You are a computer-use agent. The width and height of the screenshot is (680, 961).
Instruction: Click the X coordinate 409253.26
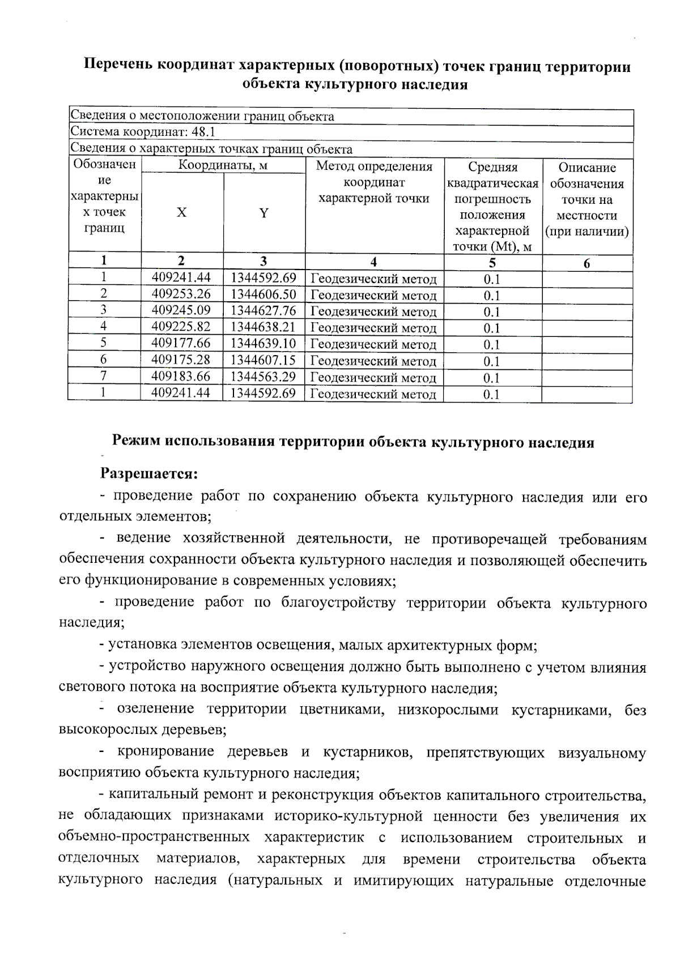coord(181,294)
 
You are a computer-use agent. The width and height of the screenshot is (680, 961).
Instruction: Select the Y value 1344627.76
coord(263,310)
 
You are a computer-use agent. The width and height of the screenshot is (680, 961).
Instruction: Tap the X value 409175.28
coord(181,360)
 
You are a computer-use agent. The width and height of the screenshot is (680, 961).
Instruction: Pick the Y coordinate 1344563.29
coord(263,376)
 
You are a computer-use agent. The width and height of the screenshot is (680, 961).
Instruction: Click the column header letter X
coord(181,212)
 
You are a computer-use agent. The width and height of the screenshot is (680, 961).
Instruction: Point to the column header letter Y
coord(264,213)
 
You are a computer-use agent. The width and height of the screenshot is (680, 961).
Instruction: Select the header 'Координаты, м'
coord(223,165)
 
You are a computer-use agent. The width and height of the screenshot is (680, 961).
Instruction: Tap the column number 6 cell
coord(586,263)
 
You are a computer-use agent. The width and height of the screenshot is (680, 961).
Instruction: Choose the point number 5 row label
coord(104,343)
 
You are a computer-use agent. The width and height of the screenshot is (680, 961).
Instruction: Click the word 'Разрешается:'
coord(149,472)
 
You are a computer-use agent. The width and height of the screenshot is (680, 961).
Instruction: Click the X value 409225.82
coord(181,327)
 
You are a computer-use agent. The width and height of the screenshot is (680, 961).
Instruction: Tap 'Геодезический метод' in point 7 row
coord(374,378)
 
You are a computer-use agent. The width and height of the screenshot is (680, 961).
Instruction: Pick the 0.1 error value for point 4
coord(492,328)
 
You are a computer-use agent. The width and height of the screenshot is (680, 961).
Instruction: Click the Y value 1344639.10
coord(263,343)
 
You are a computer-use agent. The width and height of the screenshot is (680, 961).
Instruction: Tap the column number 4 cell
coord(373,262)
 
